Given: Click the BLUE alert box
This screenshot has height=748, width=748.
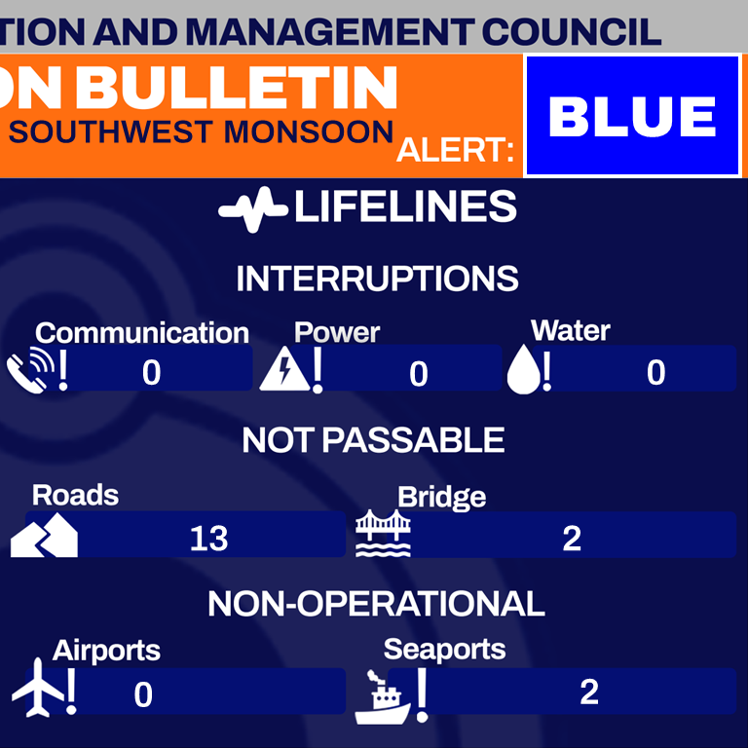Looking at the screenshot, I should pyautogui.click(x=632, y=116).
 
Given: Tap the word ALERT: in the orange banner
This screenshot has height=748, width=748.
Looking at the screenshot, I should pyautogui.click(x=456, y=152).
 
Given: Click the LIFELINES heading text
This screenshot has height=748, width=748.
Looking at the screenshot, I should pyautogui.click(x=404, y=207).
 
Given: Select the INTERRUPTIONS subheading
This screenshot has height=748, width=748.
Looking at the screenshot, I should pyautogui.click(x=377, y=280).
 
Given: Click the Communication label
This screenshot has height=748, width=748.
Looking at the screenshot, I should pyautogui.click(x=142, y=333).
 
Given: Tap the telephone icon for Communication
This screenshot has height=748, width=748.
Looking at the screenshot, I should pyautogui.click(x=28, y=371).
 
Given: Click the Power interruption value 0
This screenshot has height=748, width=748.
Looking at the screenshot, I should pyautogui.click(x=419, y=374).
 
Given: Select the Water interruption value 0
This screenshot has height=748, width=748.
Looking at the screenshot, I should pyautogui.click(x=656, y=372).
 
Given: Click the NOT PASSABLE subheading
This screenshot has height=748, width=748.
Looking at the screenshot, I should pyautogui.click(x=373, y=440).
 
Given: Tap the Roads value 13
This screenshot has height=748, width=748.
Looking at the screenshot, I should pyautogui.click(x=208, y=538).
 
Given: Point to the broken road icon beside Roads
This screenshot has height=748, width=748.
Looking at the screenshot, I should pyautogui.click(x=45, y=535).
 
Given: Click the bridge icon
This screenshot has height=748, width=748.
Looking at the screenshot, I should pyautogui.click(x=383, y=535).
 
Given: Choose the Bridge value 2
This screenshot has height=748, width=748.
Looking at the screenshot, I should pyautogui.click(x=572, y=538).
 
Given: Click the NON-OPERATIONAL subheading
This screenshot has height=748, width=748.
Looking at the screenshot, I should pyautogui.click(x=376, y=604).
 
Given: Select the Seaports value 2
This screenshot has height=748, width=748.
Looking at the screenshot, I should pyautogui.click(x=588, y=692).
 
